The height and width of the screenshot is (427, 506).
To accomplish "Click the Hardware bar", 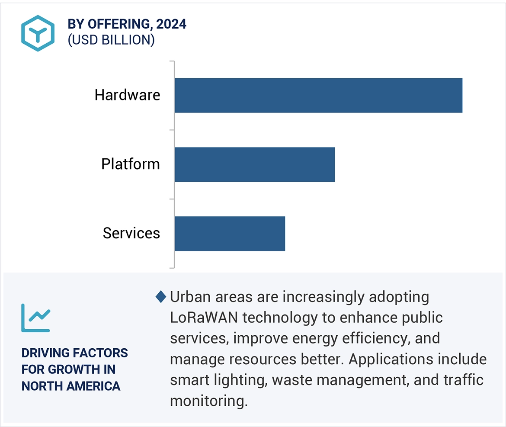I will point(318,95).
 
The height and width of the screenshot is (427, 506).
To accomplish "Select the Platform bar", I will point(255,164).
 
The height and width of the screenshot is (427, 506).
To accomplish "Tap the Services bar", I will point(230,234).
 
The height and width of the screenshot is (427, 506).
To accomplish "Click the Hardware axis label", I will point(127,95).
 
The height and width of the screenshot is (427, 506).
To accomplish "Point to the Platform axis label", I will point(130,164).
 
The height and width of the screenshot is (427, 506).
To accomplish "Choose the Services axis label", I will point(131,234).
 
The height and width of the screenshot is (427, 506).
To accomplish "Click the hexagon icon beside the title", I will point(38,33).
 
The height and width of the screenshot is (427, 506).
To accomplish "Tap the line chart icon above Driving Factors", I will point(36,318).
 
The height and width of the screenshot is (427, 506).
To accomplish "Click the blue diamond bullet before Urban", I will point(161,297).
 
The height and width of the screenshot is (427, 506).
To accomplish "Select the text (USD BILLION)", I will point(111,40).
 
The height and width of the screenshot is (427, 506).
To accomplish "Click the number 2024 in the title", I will point(171,24).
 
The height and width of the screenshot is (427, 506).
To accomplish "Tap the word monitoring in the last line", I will point(208,401).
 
